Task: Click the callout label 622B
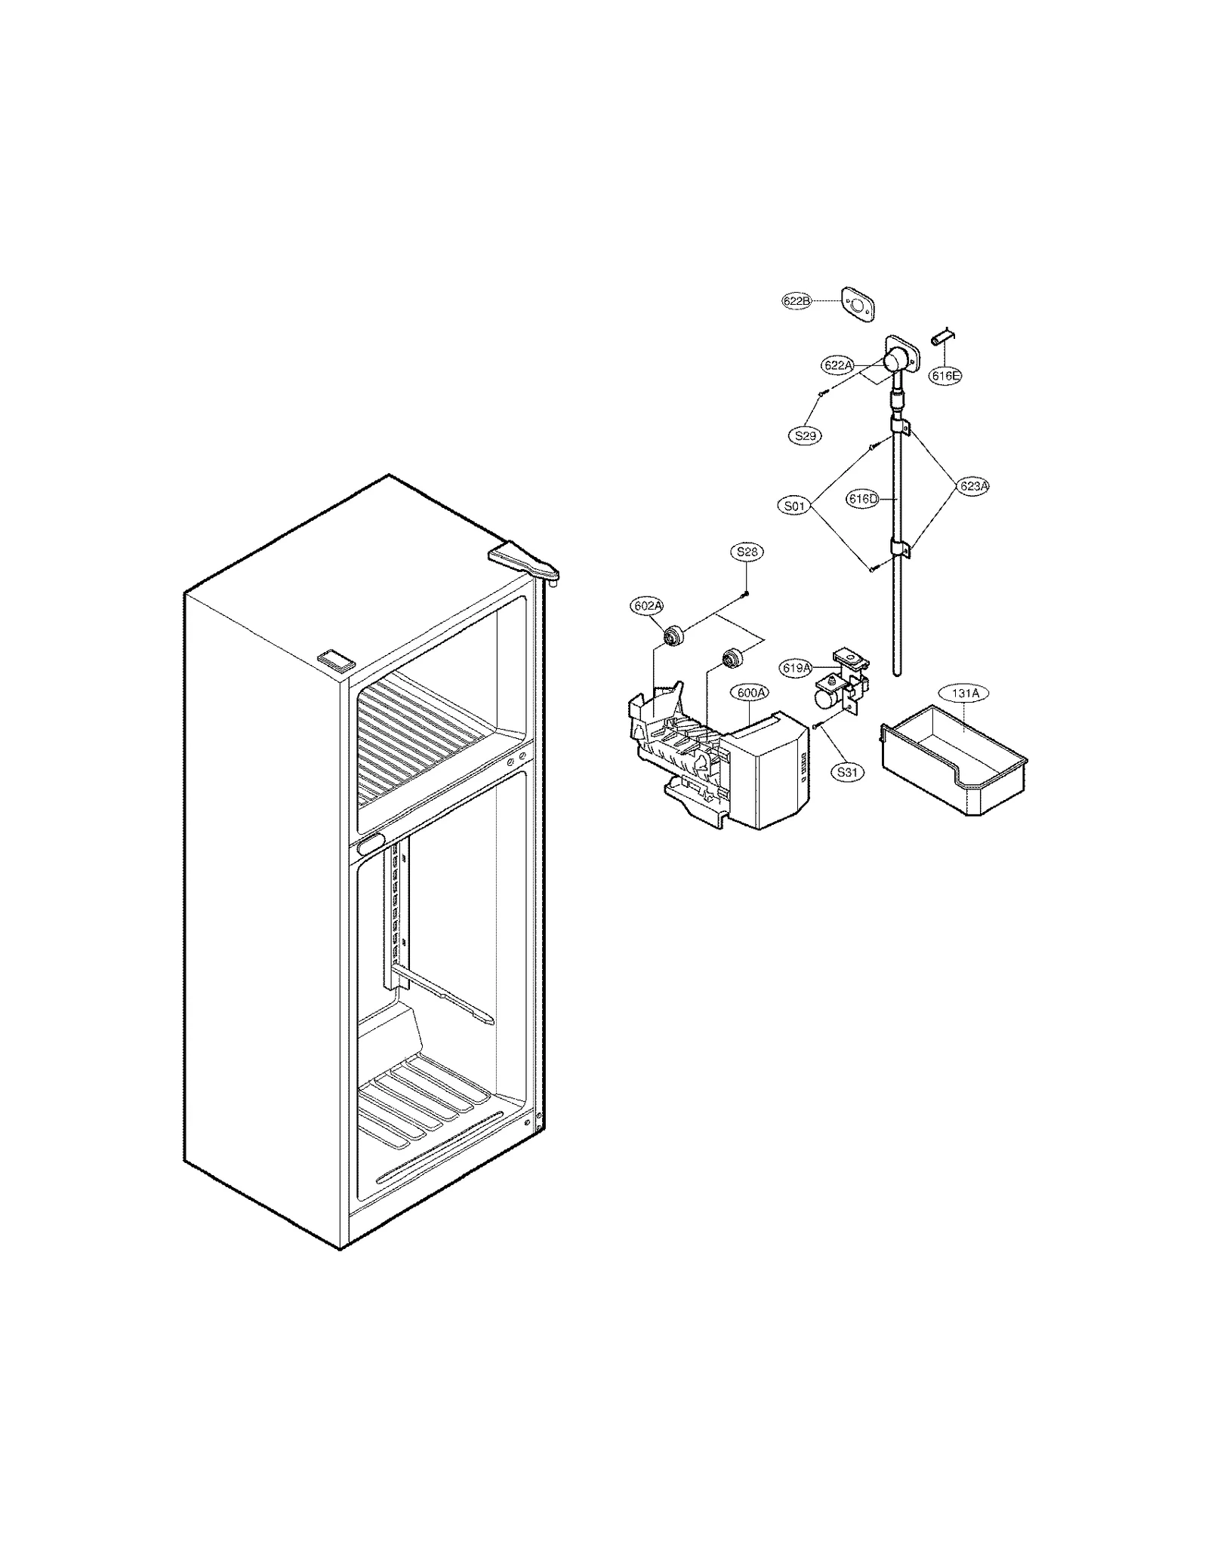(796, 300)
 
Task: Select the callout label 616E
(945, 375)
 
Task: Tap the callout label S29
(806, 435)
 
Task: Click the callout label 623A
(973, 486)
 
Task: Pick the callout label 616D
(863, 498)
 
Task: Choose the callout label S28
(747, 552)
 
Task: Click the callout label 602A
(647, 605)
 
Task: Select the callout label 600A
(749, 692)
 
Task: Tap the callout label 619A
(797, 667)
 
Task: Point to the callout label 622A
(838, 365)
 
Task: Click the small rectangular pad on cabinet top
(336, 659)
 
